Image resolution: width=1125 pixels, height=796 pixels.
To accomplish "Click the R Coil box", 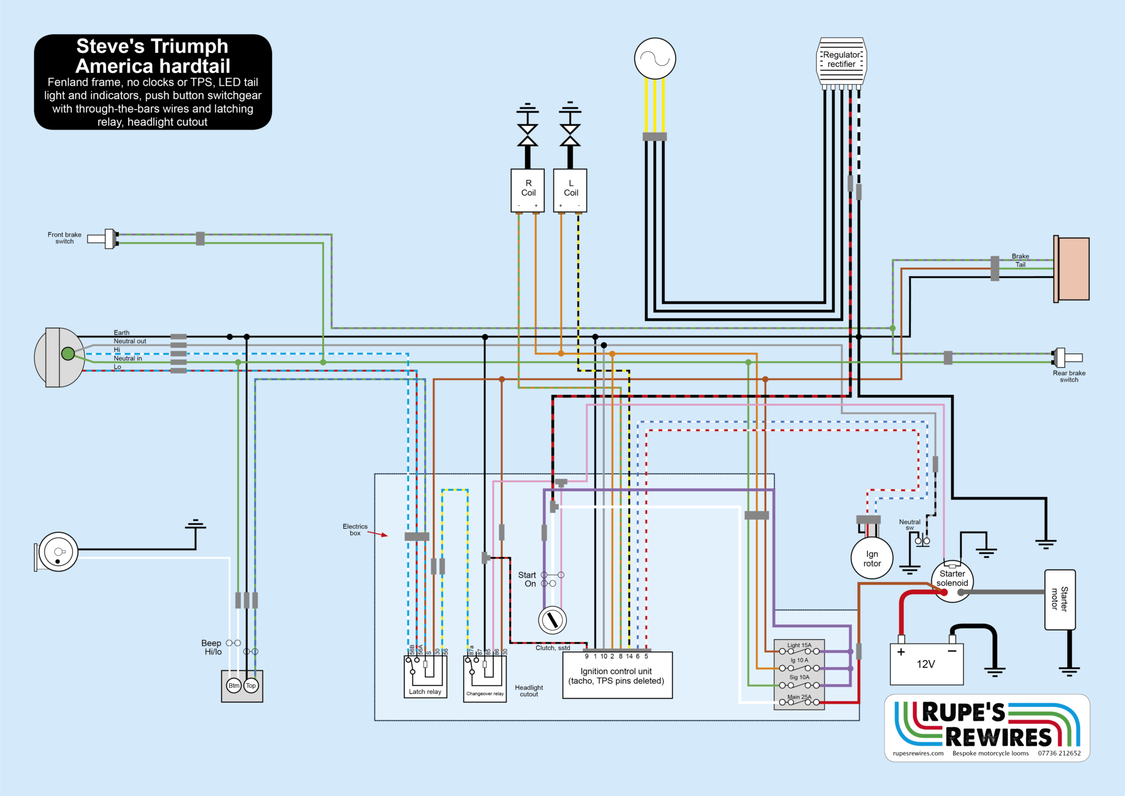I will click(527, 190).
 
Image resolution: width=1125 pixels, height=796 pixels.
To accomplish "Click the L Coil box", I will click(570, 190).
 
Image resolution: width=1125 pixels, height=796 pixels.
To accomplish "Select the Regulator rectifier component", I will click(842, 60).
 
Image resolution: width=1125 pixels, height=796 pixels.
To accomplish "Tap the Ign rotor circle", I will click(872, 559).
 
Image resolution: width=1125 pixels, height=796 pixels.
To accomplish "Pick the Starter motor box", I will click(1060, 599).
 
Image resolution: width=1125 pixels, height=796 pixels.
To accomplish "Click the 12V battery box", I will click(926, 664).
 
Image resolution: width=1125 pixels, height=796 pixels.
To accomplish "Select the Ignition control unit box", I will click(617, 676).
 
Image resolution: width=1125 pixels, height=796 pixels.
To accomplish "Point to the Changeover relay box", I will click(484, 678).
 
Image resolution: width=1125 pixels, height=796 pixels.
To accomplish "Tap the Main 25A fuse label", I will click(799, 697).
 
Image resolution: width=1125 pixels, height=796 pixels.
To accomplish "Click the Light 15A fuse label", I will click(799, 645).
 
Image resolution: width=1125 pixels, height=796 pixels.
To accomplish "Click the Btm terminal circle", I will click(234, 686).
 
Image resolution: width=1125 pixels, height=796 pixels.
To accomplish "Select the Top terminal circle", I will click(251, 686).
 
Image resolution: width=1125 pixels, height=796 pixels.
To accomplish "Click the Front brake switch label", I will click(64, 238).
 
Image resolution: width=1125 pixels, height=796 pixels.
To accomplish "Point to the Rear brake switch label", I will click(1069, 377).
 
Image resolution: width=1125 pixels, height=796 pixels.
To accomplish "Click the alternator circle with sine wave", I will click(655, 58).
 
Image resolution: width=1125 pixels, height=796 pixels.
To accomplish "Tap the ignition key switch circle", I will click(552, 620).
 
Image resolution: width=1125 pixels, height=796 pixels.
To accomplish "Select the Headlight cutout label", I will click(528, 691).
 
